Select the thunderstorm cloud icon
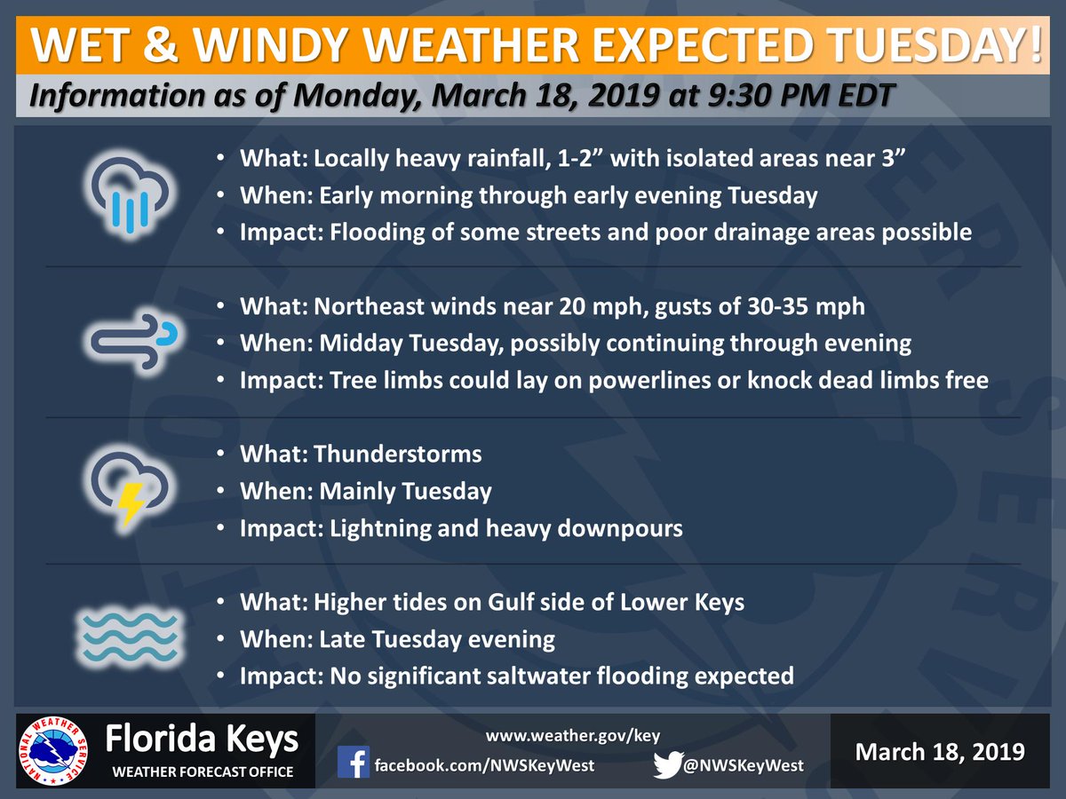click(131, 489)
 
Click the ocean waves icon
click(131, 637)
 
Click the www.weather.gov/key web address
click(573, 736)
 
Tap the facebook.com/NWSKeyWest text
click(483, 765)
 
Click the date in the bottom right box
click(939, 752)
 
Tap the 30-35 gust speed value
click(783, 306)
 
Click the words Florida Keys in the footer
click(202, 740)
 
